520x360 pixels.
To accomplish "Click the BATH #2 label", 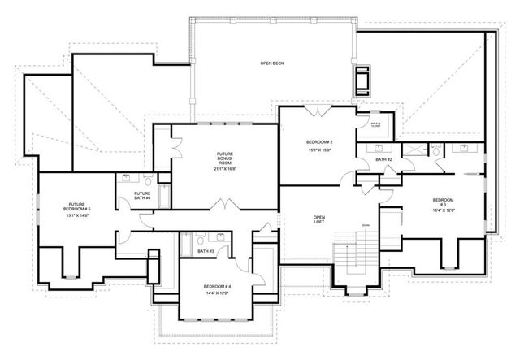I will pyautogui.click(x=383, y=159).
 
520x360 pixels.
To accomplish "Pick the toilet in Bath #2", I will pyautogui.click(x=435, y=150).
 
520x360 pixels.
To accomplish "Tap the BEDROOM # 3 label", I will pyautogui.click(x=443, y=202).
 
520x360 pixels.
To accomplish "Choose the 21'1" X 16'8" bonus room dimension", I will pyautogui.click(x=225, y=169).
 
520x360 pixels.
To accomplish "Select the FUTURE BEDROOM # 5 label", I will pyautogui.click(x=79, y=209).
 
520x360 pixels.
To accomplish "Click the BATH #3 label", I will pyautogui.click(x=206, y=252).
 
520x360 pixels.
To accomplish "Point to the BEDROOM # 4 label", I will pyautogui.click(x=217, y=288).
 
